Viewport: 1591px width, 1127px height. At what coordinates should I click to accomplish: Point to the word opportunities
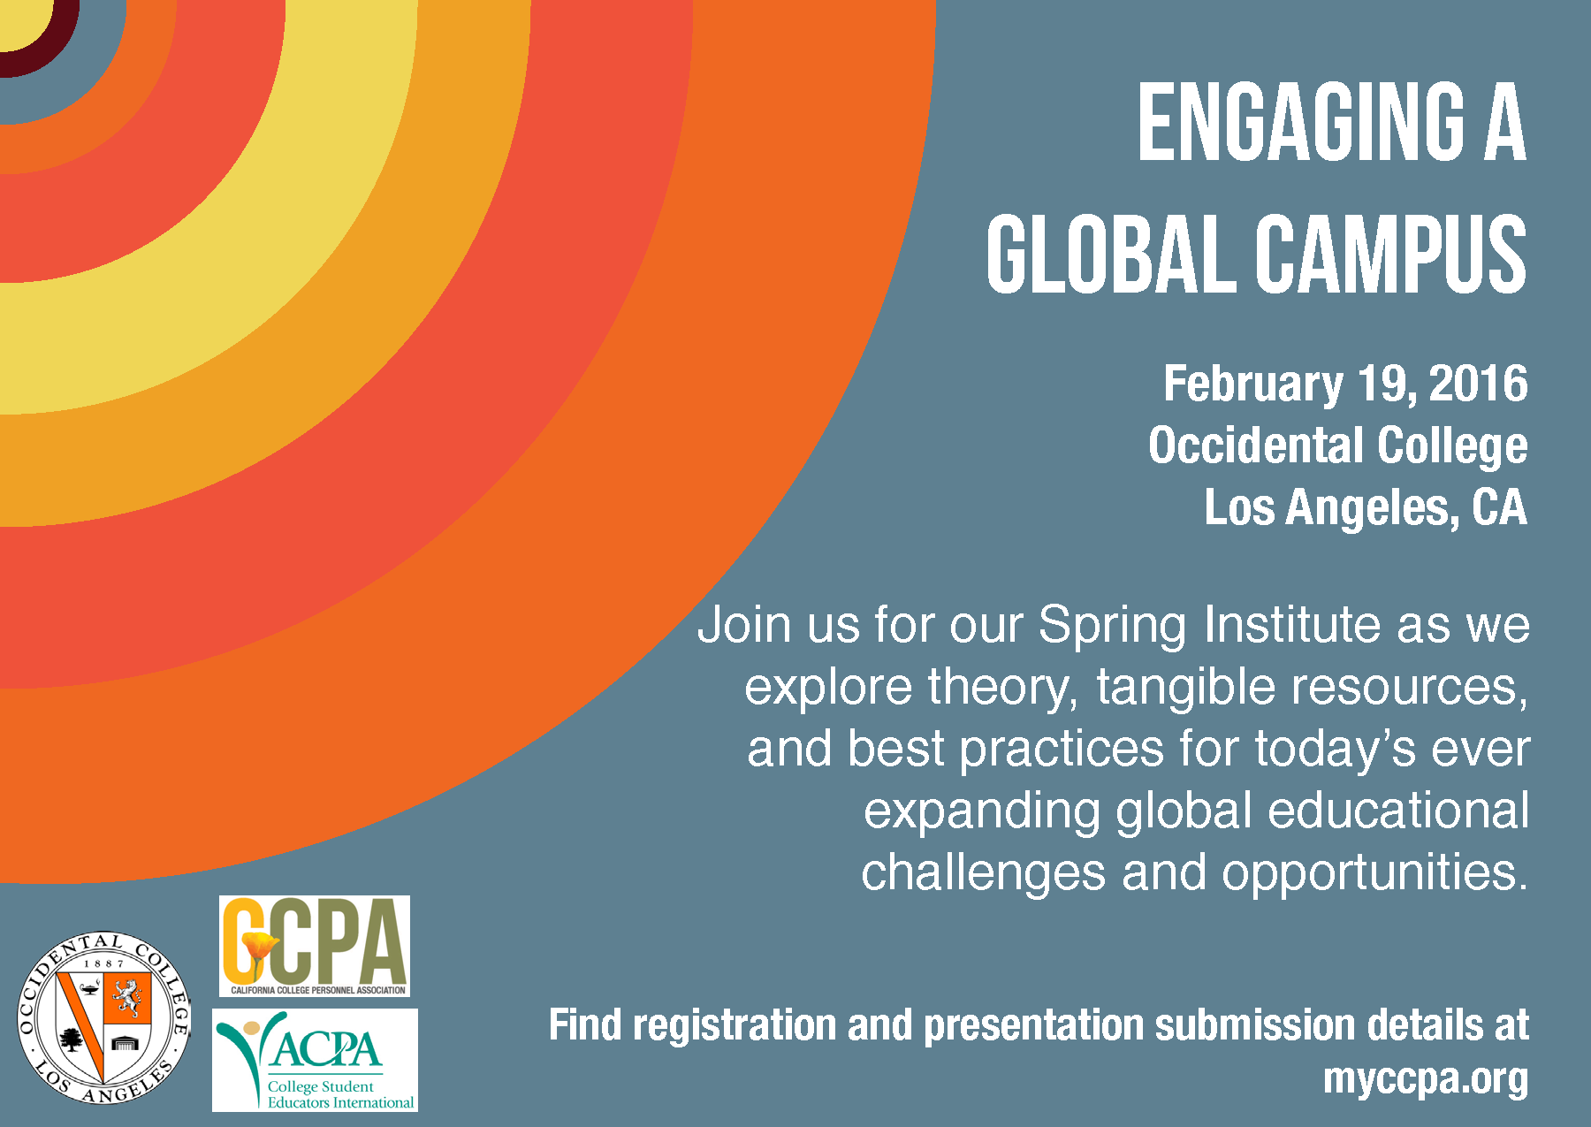tap(1374, 874)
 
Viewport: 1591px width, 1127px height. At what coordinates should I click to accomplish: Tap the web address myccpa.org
tap(1426, 1080)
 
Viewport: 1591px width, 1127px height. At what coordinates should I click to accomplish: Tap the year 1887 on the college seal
tap(103, 963)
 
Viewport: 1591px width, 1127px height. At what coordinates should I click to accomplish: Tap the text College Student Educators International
tap(340, 1094)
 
